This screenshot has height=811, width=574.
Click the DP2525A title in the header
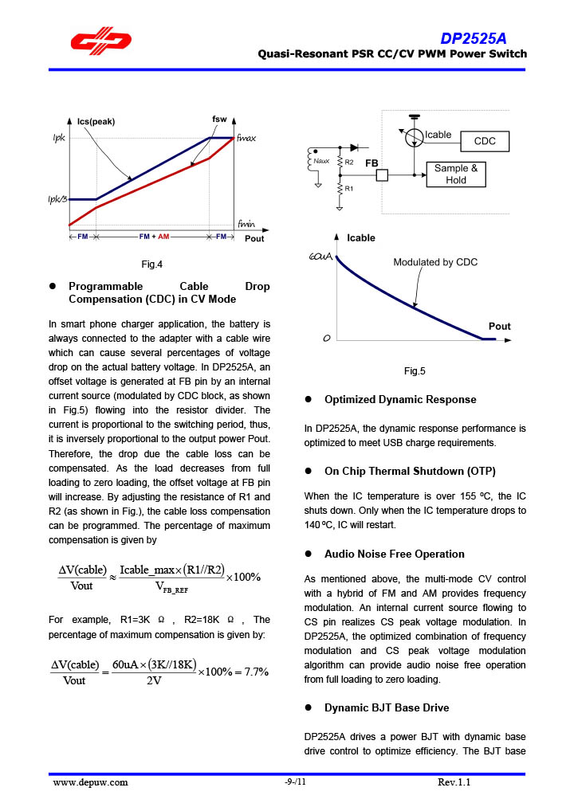474,39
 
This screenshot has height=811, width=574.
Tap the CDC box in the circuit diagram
485,141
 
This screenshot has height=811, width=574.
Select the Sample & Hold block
456,174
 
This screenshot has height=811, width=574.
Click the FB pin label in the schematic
372,163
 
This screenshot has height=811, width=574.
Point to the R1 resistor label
349,189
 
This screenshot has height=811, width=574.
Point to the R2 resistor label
349,163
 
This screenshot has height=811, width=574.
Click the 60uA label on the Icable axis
320,258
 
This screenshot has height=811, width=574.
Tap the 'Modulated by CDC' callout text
435,262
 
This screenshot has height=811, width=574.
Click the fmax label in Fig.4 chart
246,138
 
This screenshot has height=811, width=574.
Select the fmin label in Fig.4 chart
246,224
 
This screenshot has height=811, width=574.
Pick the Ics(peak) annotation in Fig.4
96,122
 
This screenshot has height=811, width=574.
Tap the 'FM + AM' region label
154,237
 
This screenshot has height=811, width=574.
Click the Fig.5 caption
415,371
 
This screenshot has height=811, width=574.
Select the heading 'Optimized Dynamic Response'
400,399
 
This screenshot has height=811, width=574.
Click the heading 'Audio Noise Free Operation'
394,554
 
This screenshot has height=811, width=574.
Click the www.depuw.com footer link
90,782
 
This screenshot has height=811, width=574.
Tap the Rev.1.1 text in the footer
454,782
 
